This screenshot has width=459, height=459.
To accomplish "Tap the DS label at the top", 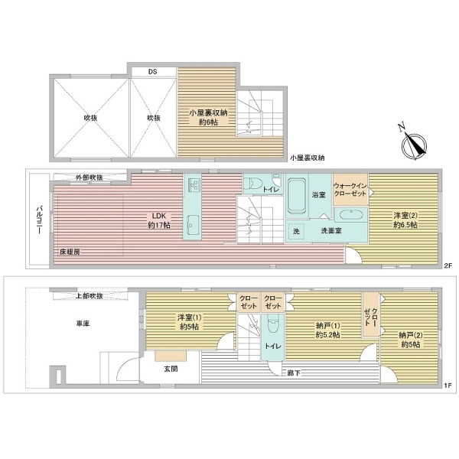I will click(152, 72).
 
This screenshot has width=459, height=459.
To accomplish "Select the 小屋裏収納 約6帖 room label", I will click(207, 117).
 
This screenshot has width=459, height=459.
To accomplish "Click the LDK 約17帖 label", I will click(160, 220).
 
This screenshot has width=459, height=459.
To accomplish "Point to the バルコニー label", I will click(37, 221).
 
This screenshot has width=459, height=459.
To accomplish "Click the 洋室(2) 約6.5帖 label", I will click(405, 220).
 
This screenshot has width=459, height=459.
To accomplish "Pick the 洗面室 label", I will click(330, 230).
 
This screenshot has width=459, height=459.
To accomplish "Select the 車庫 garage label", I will click(83, 324).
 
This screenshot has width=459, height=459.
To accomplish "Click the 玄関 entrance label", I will click(171, 369).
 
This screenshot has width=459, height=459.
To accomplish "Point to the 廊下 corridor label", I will click(292, 373).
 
